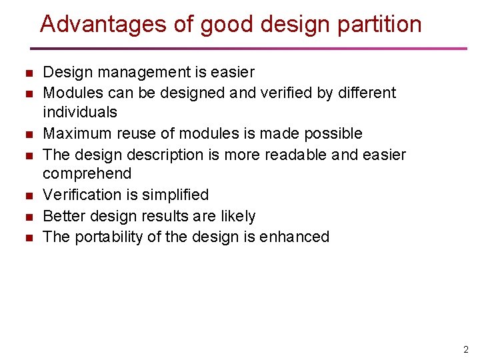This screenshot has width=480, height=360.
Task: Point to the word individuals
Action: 79,112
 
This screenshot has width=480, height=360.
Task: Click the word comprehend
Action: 87,174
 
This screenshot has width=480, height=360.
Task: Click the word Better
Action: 64,216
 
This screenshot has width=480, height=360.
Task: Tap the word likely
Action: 240,216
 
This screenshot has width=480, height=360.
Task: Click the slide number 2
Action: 466,349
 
